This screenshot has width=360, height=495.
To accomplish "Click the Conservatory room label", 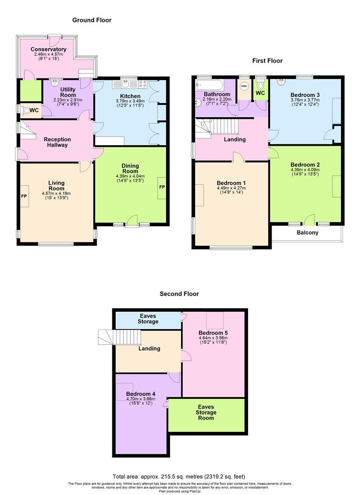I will pos(49,49).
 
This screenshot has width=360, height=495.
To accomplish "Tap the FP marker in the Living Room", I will pos(24,196).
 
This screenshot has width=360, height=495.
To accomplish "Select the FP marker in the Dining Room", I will pos(161,187).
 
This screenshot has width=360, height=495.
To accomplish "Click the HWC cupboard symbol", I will pos(244,86).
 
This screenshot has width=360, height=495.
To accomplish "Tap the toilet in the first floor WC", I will pos(260,85).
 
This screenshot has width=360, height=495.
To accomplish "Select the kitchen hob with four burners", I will pos(143,84).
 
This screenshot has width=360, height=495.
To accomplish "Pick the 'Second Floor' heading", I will pos(179,294).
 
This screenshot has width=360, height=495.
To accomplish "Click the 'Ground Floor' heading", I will pos(92,20).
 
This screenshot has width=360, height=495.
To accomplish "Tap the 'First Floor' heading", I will pos(267,60).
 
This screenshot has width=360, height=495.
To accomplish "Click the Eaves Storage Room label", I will pos(206,412).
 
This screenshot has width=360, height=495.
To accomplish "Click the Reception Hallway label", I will pos(57,142).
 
